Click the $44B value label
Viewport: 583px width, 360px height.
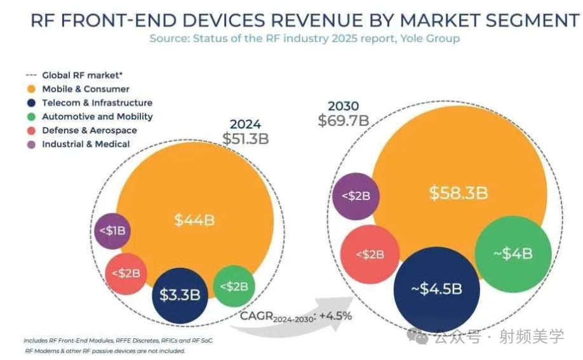click(194, 220)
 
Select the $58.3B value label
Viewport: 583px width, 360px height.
click(458, 193)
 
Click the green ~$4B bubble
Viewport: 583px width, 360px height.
click(513, 253)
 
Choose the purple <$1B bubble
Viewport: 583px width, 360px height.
click(112, 230)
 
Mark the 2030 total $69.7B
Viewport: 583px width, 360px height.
click(343, 120)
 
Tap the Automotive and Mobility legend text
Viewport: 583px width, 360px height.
click(97, 116)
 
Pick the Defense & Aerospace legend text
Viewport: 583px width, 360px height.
click(89, 130)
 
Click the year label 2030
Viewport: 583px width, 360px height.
click(343, 105)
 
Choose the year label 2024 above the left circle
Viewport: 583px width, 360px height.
click(245, 124)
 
